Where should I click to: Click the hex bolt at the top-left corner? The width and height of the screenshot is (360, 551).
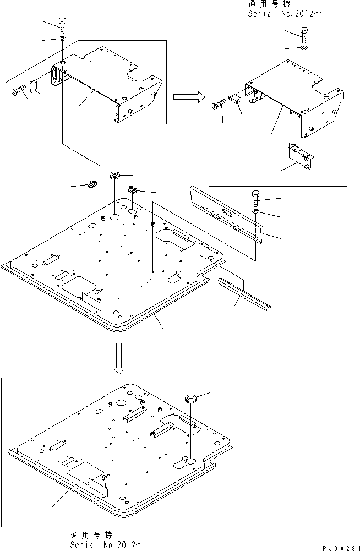[x=62, y=25]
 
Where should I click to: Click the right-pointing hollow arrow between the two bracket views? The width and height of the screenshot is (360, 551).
[x=189, y=97]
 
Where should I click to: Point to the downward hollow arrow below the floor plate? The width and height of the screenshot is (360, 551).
[x=119, y=358]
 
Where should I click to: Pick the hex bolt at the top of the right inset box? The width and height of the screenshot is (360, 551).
[x=304, y=35]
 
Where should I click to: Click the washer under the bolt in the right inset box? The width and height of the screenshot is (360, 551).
[x=304, y=47]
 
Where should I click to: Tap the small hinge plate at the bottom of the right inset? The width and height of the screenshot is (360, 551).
[x=301, y=156]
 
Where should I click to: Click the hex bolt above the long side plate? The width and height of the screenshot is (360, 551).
[x=255, y=199]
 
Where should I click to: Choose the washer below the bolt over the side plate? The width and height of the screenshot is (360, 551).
[x=256, y=211]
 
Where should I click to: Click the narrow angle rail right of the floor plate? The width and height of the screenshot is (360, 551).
[x=243, y=293]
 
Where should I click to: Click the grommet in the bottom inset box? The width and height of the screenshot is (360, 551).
[x=191, y=399]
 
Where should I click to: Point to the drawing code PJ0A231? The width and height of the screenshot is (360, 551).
[x=341, y=548]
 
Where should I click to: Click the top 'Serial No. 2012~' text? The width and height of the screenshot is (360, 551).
[x=285, y=13]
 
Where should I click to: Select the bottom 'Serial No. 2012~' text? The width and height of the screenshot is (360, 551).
[x=107, y=544]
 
